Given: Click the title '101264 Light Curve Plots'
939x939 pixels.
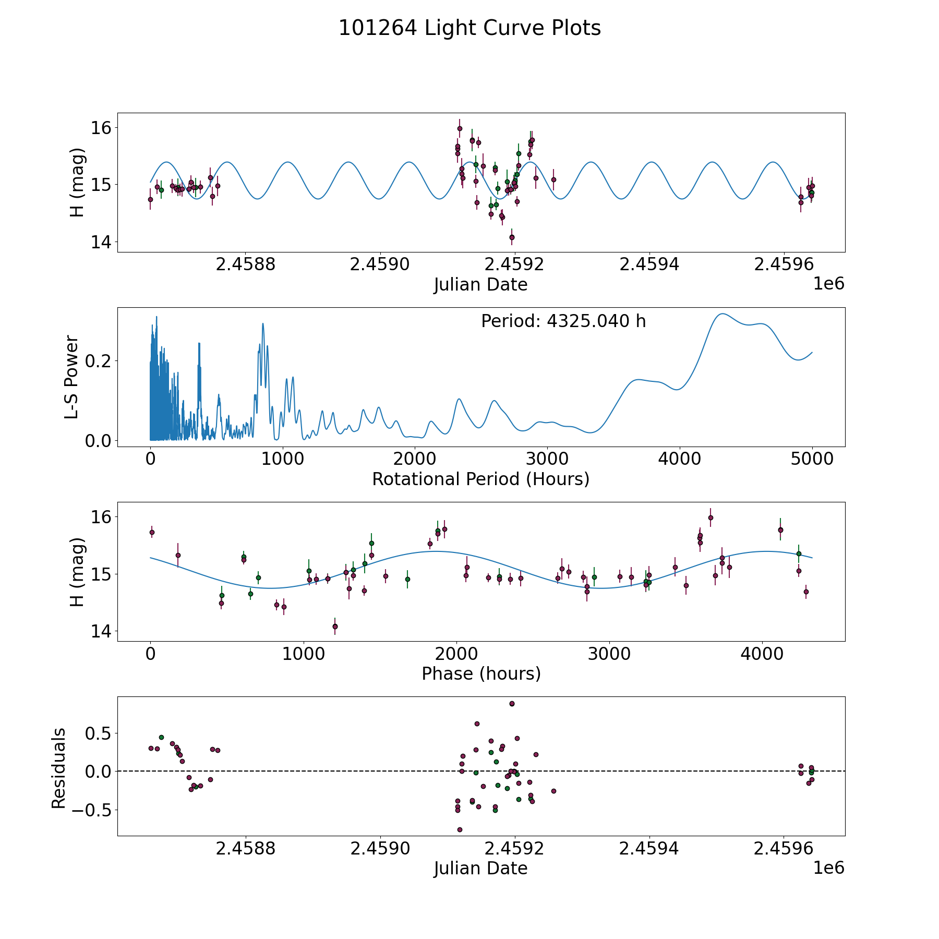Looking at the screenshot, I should tap(469, 28).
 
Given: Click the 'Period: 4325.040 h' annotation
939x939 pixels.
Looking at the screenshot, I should tap(563, 321).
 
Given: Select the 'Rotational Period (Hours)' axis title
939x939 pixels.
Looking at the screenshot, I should tap(480, 479).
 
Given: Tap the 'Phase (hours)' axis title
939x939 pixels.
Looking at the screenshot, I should tap(480, 673).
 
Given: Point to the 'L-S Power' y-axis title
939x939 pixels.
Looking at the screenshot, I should tap(71, 377).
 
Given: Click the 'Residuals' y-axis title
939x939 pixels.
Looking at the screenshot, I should tap(58, 768).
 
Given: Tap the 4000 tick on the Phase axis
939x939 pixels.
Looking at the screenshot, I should tap(763, 655).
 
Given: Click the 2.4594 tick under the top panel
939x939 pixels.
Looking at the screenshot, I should tap(649, 265).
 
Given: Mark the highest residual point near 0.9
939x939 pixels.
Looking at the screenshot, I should tap(512, 704).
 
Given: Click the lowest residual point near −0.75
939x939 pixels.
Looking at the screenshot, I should tap(460, 829).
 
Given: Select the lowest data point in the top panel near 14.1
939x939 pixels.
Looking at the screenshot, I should tap(512, 237).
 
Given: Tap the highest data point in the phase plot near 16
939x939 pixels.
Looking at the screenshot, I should tap(710, 517).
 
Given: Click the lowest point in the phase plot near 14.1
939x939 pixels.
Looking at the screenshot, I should tap(335, 626).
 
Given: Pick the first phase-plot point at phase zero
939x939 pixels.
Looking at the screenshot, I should tap(152, 533).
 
